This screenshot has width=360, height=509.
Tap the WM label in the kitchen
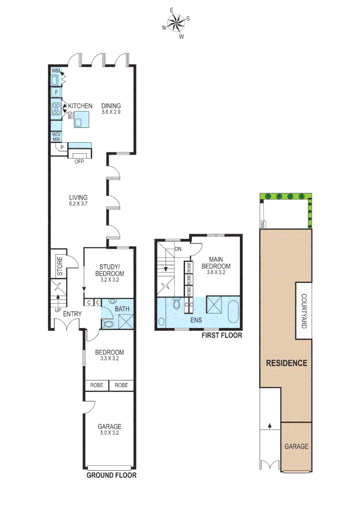(56, 71)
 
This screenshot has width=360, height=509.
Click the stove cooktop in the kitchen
(56, 109)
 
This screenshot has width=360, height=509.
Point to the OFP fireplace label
(78, 161)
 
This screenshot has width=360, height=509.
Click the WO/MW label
(56, 137)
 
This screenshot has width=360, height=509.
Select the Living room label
(78, 197)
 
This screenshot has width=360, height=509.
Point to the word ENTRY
(72, 314)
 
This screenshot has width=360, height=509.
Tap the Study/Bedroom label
(109, 271)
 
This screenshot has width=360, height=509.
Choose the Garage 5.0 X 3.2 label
(109, 429)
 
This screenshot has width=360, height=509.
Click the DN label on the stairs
(178, 249)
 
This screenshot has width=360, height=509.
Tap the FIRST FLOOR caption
(221, 336)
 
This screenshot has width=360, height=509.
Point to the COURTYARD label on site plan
(304, 312)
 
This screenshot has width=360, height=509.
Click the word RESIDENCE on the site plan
(286, 363)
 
